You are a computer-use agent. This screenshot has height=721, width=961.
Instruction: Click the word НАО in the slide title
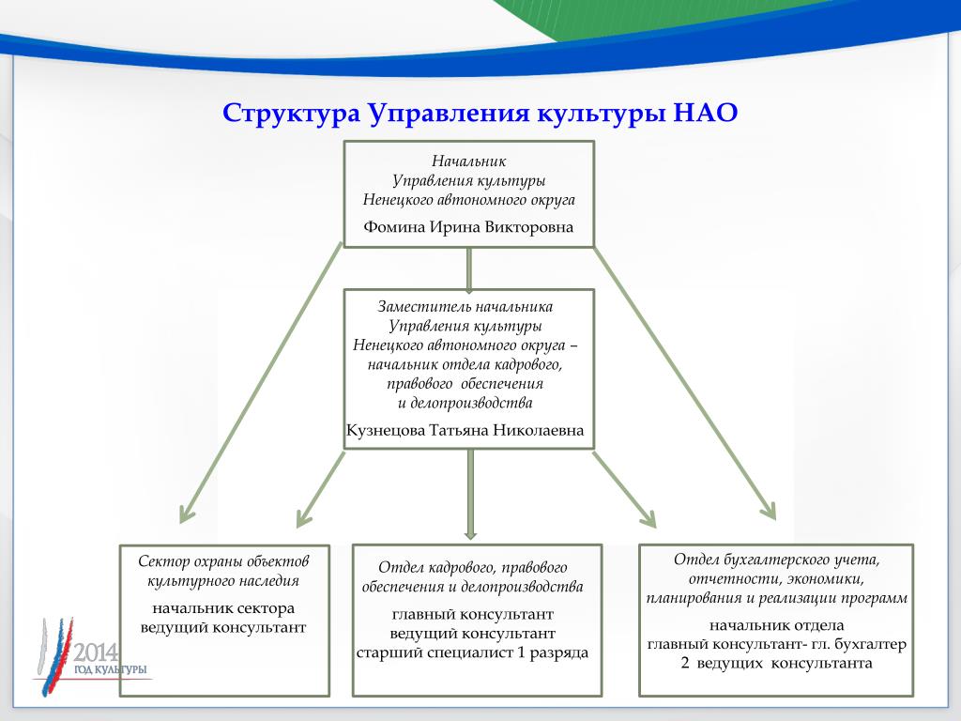tap(705, 114)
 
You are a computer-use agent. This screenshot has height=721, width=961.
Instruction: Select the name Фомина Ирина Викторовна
tap(468, 227)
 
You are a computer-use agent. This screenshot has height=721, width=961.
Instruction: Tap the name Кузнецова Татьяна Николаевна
tap(465, 430)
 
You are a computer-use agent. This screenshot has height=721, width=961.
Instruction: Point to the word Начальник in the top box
tap(469, 161)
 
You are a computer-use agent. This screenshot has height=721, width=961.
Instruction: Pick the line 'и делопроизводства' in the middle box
tap(465, 403)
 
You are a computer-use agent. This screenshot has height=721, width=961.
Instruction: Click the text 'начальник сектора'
tap(223, 608)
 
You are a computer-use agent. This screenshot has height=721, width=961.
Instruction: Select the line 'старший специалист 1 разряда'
tap(473, 653)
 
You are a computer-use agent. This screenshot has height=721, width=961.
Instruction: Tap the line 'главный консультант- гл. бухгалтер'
tap(776, 644)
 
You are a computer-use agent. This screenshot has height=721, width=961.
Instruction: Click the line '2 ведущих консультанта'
tap(776, 664)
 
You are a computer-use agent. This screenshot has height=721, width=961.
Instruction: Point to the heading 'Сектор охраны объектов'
tap(223, 561)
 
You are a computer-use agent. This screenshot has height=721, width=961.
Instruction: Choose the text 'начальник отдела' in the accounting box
tap(776, 625)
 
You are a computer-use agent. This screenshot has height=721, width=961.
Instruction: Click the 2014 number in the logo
tap(97, 652)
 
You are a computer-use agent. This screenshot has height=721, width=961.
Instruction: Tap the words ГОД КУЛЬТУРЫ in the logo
tap(111, 669)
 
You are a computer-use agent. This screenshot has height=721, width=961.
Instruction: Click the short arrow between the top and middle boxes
tap(469, 269)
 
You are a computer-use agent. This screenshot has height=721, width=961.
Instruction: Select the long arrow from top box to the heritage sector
tap(261, 383)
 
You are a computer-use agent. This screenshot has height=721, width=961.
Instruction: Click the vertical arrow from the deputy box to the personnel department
tap(471, 494)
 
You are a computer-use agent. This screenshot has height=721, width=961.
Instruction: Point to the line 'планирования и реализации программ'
tap(776, 598)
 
